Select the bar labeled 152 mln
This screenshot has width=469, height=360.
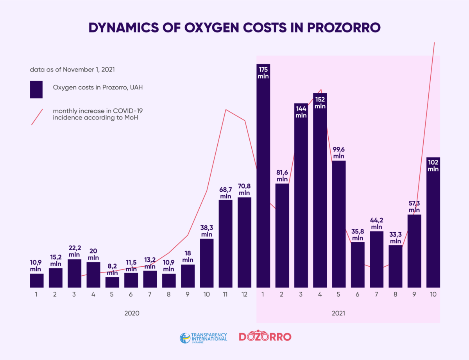pos(320,195)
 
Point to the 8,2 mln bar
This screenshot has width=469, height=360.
pos(112,282)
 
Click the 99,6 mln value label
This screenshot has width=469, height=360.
pos(339,153)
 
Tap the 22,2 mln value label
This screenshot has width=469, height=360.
pos(74,251)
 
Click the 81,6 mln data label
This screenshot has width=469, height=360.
pos(282,176)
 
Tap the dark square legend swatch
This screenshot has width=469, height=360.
pos(36,89)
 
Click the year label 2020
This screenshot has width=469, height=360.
pos(132,313)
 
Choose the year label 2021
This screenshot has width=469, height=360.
pos(338,313)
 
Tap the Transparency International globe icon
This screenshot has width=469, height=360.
pos(185,338)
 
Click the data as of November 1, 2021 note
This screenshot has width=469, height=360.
pos(72,70)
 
